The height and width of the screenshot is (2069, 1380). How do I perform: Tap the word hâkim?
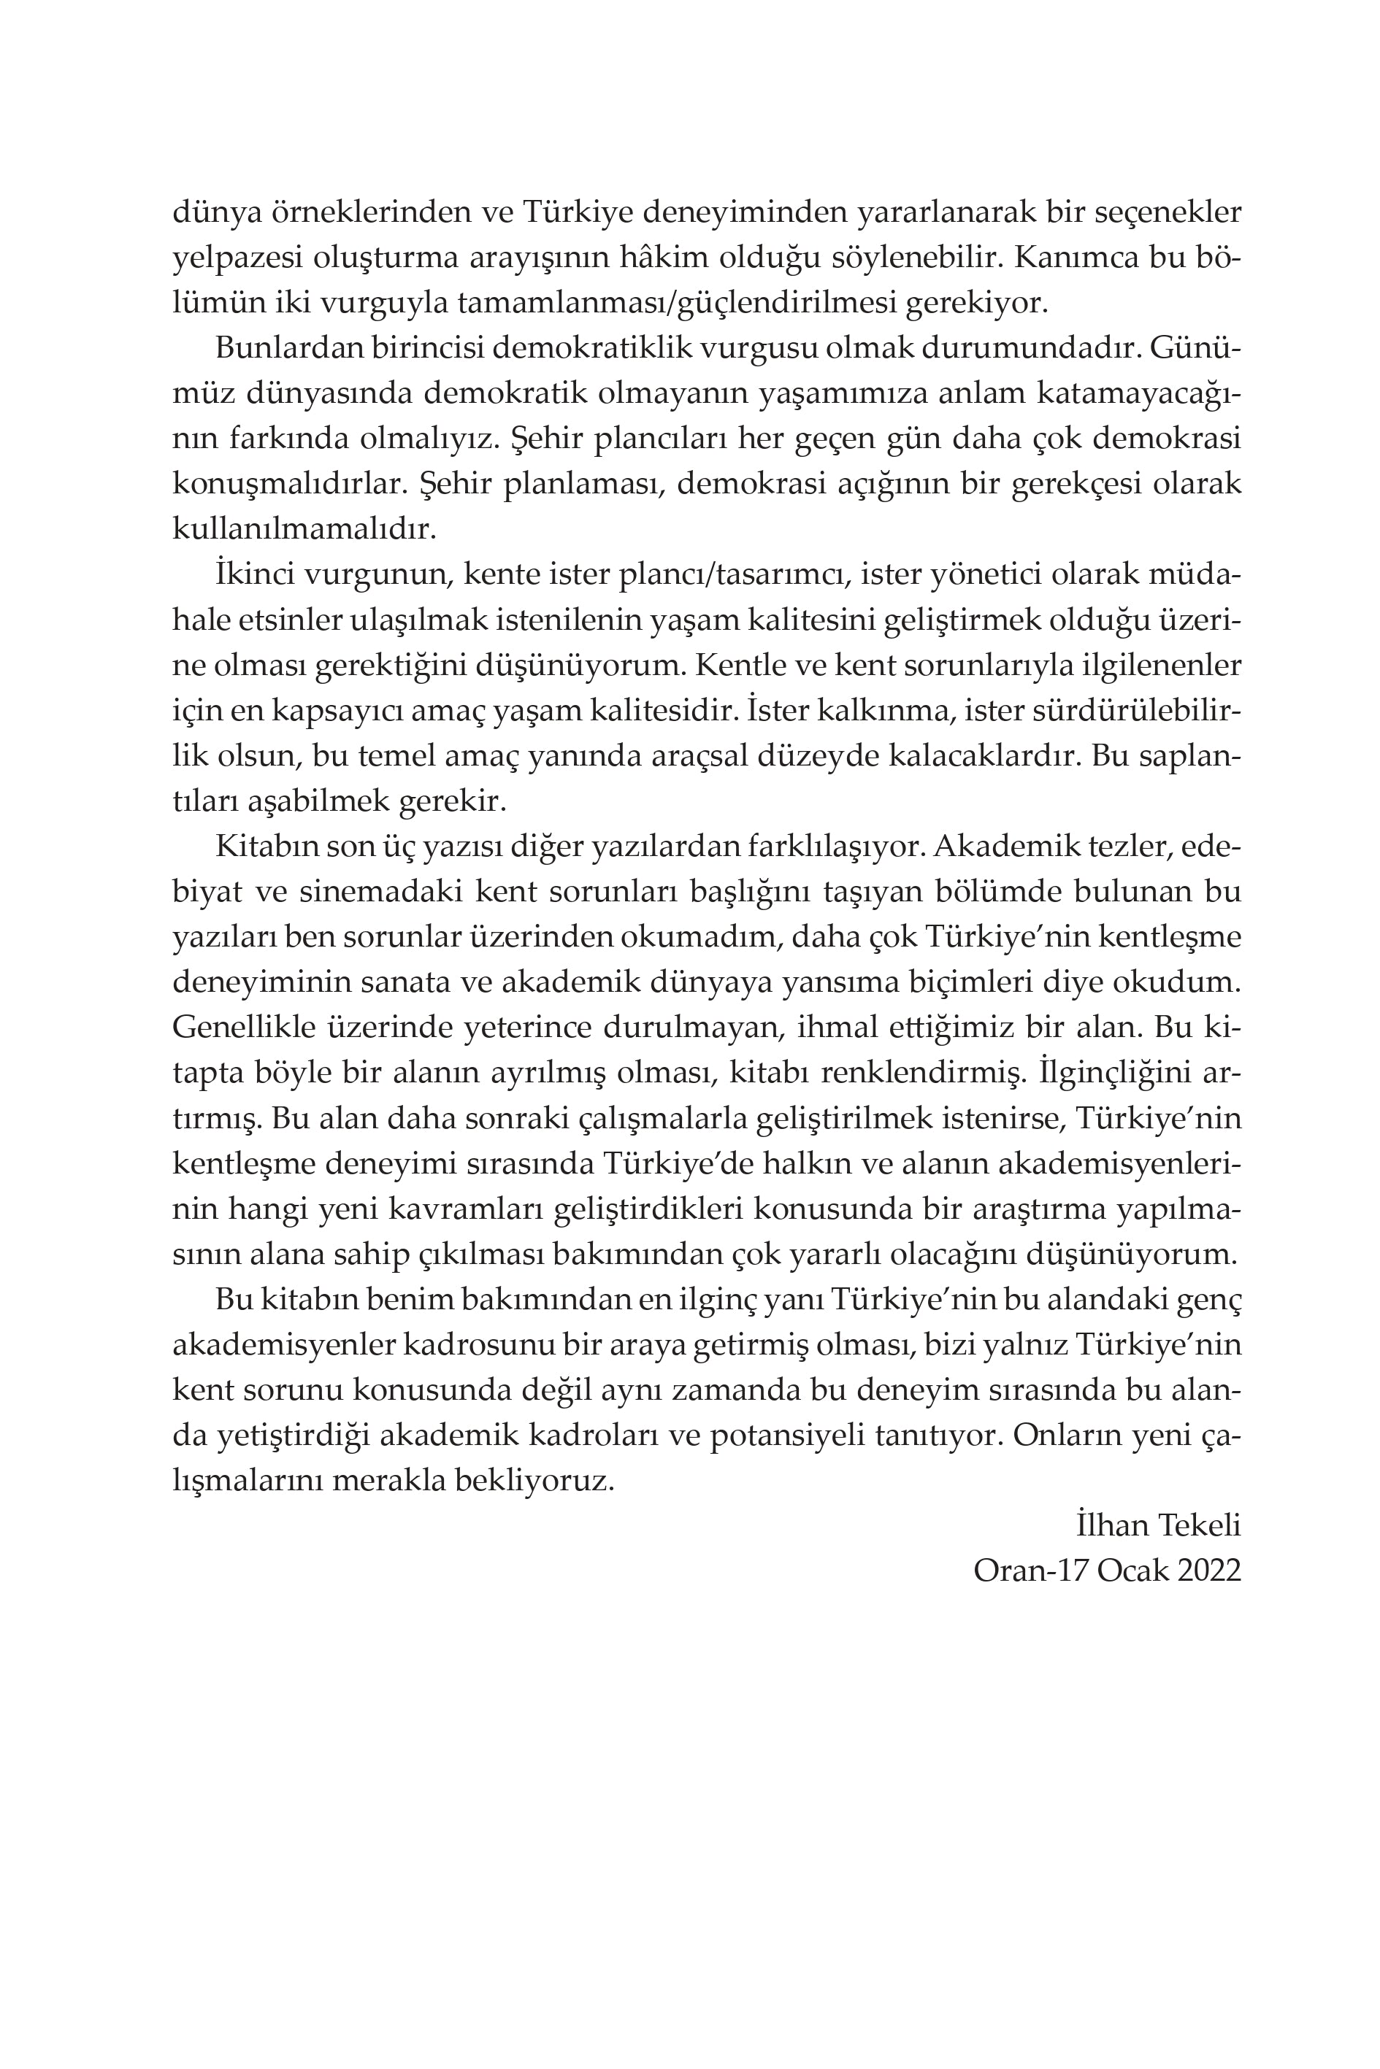point(659,258)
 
